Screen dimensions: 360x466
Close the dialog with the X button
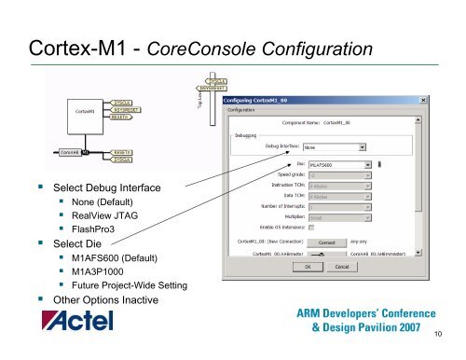424,99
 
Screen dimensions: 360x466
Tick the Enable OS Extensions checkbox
312,227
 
